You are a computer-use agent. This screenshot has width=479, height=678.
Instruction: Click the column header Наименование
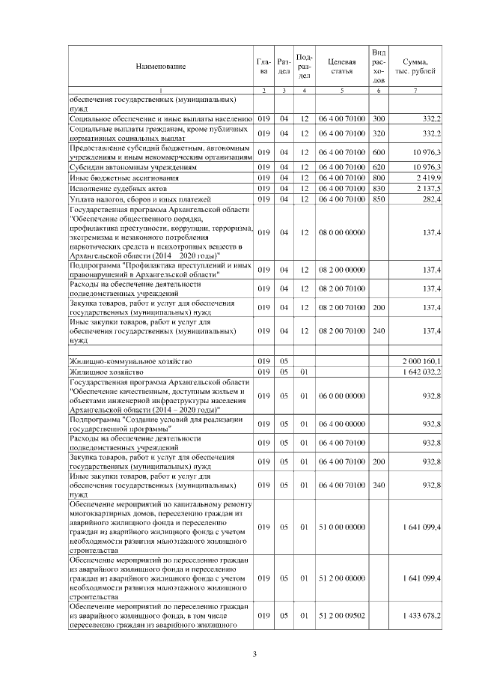click(160, 67)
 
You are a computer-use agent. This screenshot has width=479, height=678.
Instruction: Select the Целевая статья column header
click(341, 67)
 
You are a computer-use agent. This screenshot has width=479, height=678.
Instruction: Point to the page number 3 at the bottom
click(254, 656)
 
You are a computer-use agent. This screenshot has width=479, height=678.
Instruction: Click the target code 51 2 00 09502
click(341, 615)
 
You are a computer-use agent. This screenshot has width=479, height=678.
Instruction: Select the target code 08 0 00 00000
click(341, 233)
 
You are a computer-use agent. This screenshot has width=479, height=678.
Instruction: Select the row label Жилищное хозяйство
click(105, 372)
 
